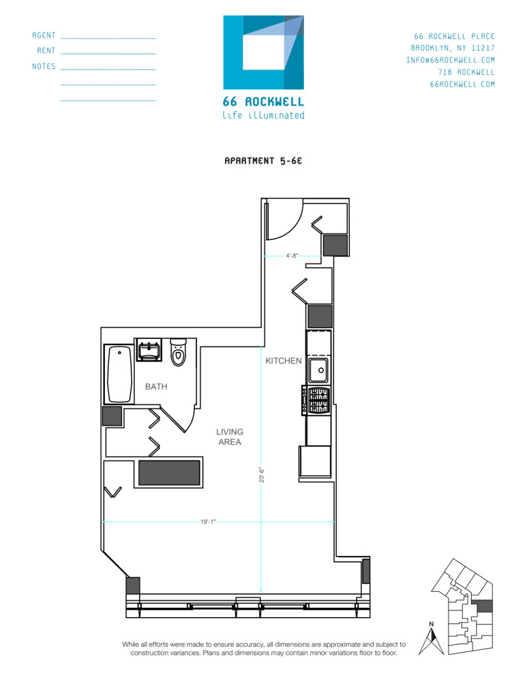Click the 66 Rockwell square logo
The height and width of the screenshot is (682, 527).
click(264, 53)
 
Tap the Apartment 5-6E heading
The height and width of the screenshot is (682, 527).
click(263, 162)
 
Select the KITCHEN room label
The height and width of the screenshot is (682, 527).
click(284, 361)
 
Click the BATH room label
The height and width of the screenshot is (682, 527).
click(155, 387)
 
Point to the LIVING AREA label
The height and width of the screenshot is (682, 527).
click(230, 436)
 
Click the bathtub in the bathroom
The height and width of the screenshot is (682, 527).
click(120, 374)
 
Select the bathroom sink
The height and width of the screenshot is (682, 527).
click(149, 351)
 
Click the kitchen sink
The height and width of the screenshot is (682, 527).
click(318, 371)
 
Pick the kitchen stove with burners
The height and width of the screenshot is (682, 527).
click(318, 400)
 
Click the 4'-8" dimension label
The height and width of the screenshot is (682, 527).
click(292, 256)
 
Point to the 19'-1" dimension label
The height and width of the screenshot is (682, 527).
click(208, 522)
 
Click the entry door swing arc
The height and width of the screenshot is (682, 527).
click(286, 222)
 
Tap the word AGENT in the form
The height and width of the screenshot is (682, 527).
click(44, 35)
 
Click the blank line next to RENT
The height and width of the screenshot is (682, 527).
click(108, 53)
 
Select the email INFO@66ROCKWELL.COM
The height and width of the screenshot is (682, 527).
click(450, 60)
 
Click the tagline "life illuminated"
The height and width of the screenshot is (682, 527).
click(263, 115)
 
